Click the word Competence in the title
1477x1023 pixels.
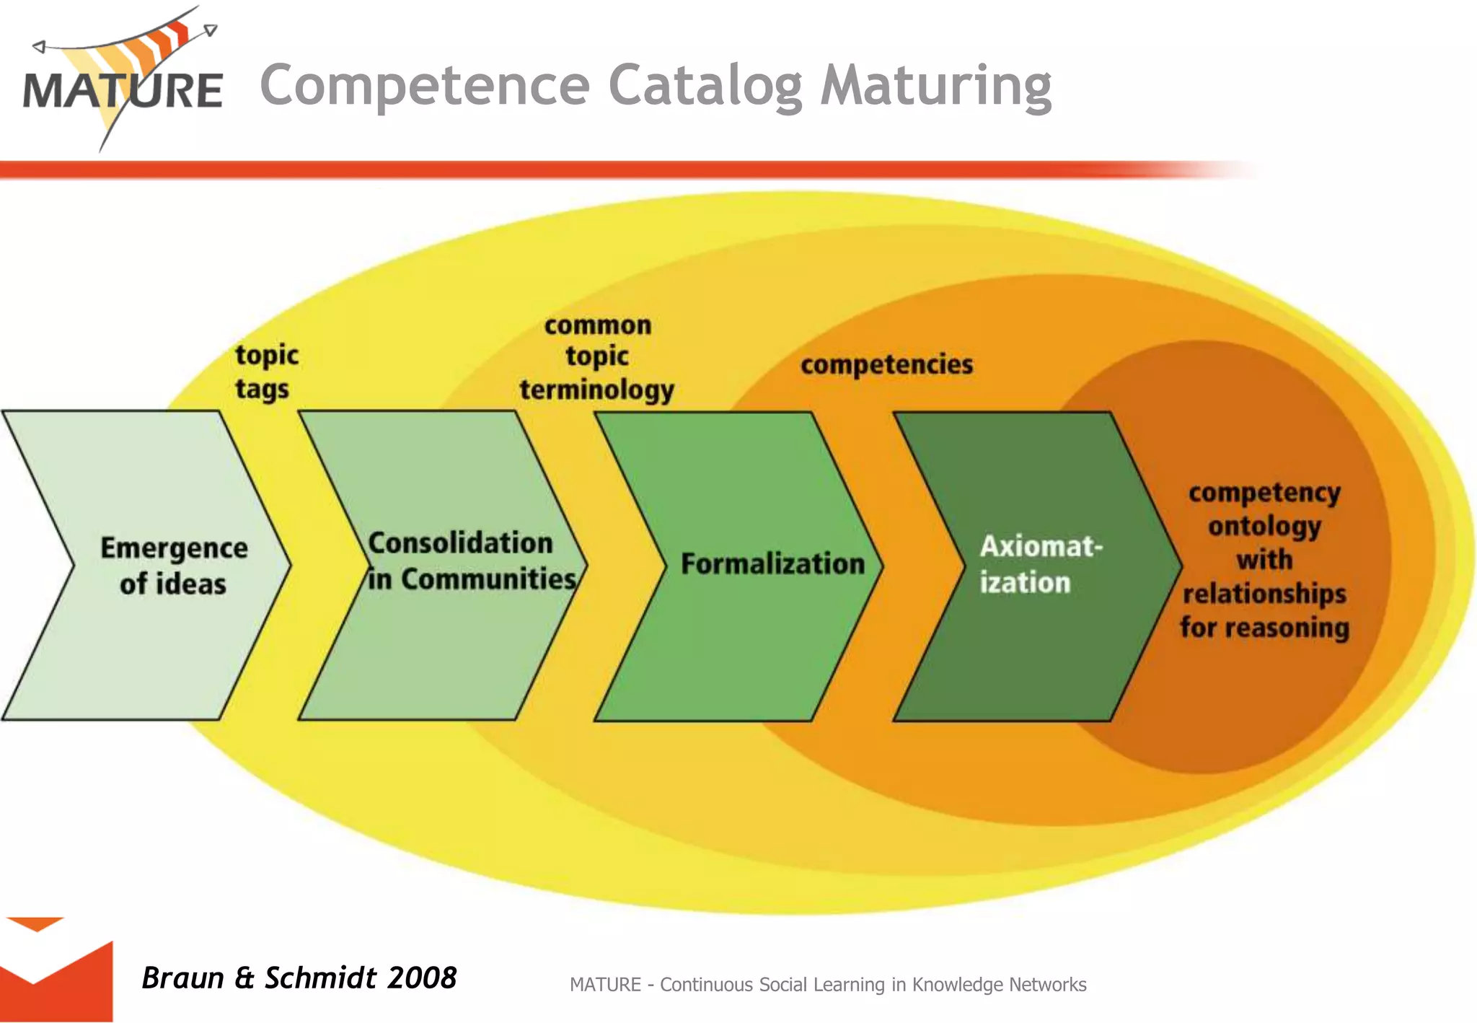pos(425,85)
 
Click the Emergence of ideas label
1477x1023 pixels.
pos(173,566)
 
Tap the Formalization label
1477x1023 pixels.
pos(772,564)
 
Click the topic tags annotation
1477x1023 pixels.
pos(265,372)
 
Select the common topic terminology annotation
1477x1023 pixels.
pos(597,358)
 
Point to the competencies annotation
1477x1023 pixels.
pos(886,364)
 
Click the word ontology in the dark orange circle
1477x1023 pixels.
pos(1264,527)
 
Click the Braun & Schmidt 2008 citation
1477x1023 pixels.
pos(299,978)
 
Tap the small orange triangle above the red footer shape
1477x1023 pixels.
pos(35,923)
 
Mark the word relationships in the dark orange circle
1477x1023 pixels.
pos(1264,594)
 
